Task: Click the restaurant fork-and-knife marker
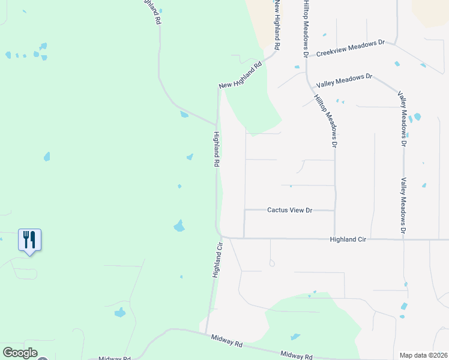(x=29, y=240)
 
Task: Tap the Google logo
(x=20, y=353)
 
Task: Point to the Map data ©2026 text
(x=423, y=355)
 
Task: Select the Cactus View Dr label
(x=290, y=210)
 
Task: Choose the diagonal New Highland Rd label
(x=241, y=76)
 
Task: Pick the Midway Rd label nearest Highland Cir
(x=230, y=342)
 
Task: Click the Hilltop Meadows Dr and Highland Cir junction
(x=335, y=238)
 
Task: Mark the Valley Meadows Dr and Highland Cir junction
(x=404, y=239)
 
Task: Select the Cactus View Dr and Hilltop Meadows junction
(x=335, y=211)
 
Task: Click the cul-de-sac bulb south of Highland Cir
(x=272, y=263)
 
